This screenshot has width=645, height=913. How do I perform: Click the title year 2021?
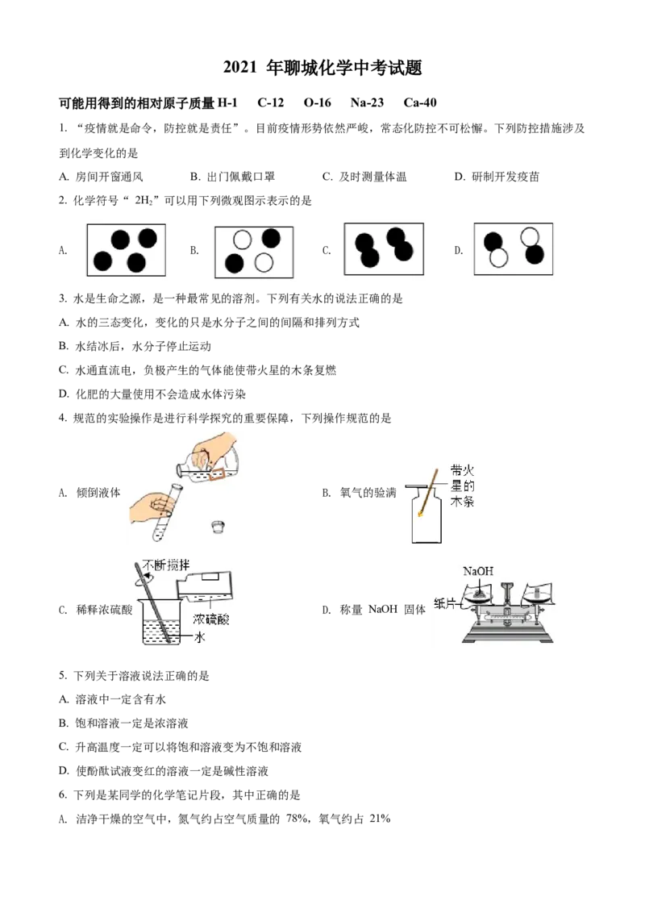[x=239, y=68]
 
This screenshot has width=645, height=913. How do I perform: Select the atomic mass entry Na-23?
[x=367, y=102]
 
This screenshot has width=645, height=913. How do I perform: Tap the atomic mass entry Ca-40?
[x=420, y=102]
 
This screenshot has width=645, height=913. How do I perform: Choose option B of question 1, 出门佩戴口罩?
[x=232, y=177]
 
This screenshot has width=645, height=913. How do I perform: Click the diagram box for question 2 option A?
[x=127, y=250]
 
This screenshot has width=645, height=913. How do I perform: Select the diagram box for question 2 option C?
[x=384, y=248]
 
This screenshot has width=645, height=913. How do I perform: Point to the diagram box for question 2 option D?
[x=514, y=248]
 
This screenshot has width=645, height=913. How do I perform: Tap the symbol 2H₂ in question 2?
[x=144, y=201]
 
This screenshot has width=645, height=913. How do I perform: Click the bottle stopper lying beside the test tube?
[x=218, y=526]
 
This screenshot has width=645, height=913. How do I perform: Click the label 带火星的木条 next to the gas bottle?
[x=462, y=486]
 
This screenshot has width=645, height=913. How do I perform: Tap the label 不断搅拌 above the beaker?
[x=166, y=565]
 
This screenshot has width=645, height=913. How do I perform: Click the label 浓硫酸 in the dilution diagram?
[x=210, y=619]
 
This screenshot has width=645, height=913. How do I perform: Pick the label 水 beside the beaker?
[x=199, y=637]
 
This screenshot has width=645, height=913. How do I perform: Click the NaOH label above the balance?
[x=478, y=571]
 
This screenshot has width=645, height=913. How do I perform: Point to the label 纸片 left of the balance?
[x=445, y=603]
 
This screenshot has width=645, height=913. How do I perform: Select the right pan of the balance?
[x=537, y=595]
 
